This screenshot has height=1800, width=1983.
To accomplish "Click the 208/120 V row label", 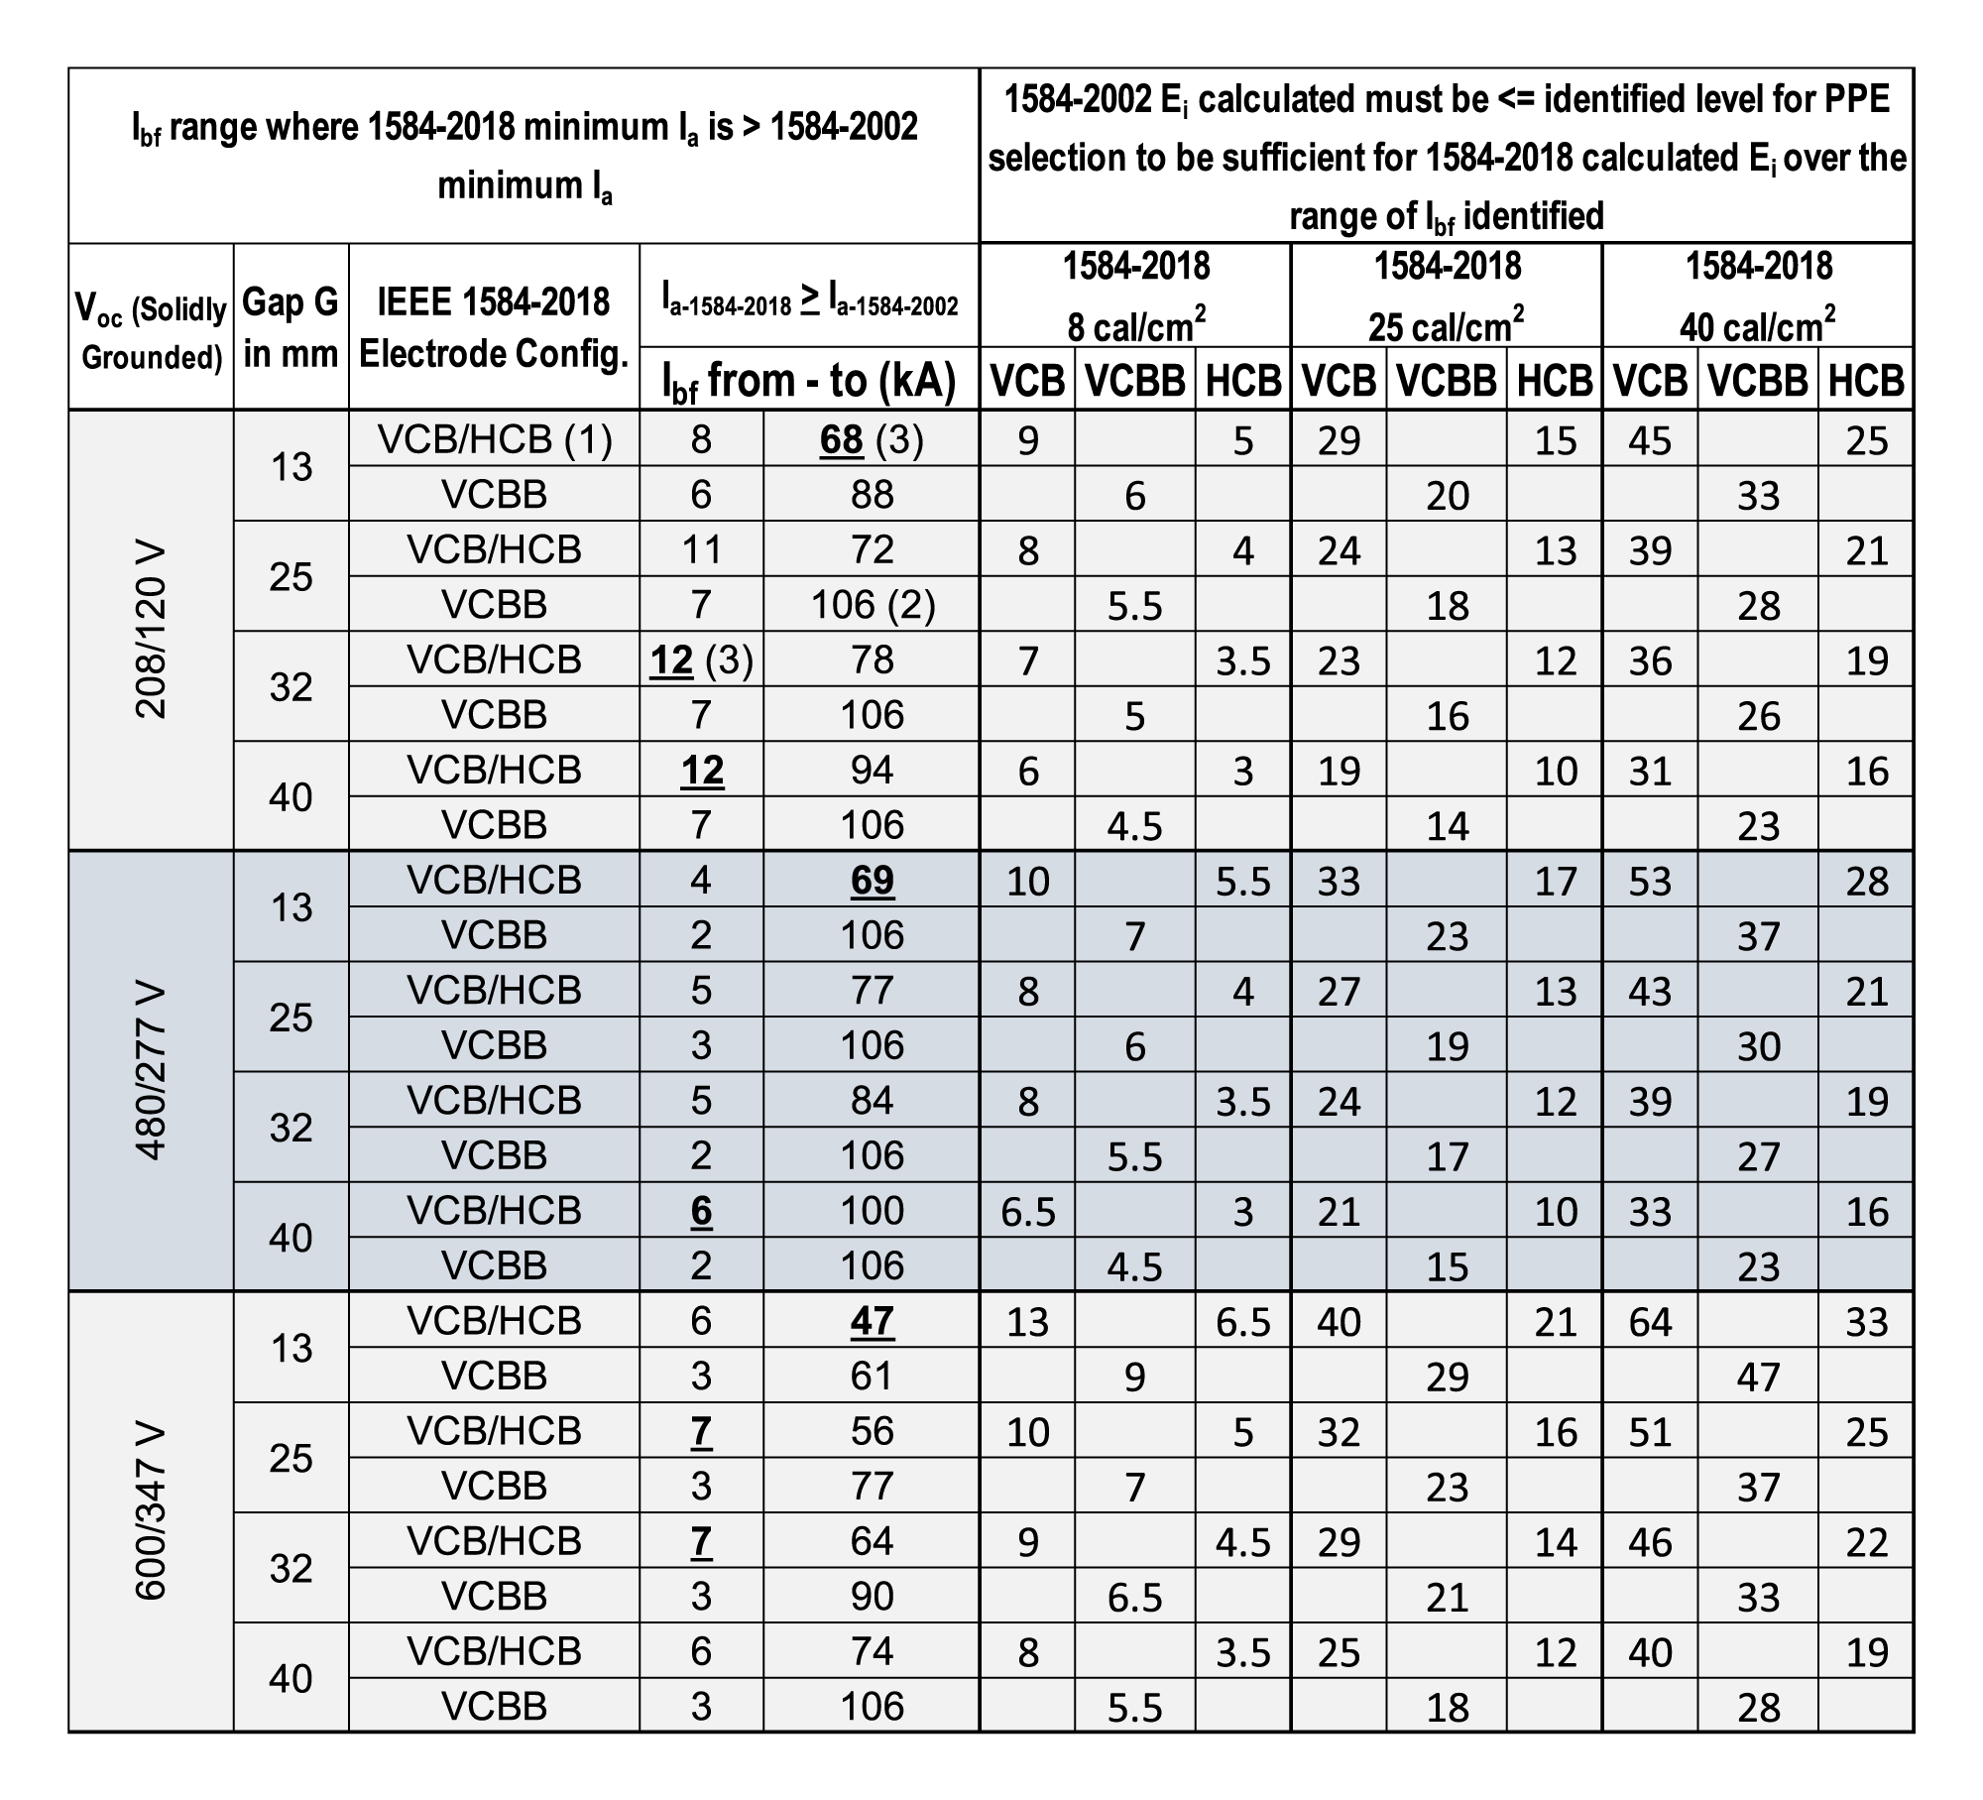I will click(x=151, y=631).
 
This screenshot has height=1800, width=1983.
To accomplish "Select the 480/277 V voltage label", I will click(x=151, y=1071).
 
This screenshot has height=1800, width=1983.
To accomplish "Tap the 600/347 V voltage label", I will click(x=151, y=1511).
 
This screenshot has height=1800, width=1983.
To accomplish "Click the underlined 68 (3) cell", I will click(x=871, y=439).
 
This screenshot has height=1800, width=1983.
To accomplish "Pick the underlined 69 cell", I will click(x=872, y=880).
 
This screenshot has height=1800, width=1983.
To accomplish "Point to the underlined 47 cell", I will click(x=872, y=1320).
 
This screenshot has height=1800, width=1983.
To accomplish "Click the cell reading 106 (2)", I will click(x=872, y=604).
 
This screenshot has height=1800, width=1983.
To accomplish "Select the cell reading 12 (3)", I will click(x=701, y=660).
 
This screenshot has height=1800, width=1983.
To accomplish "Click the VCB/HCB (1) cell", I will click(x=494, y=439).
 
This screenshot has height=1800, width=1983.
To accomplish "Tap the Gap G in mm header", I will click(x=291, y=327).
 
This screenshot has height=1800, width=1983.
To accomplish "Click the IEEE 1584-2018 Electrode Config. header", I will click(x=494, y=327).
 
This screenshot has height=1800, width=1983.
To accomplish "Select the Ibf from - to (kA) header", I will click(x=809, y=381).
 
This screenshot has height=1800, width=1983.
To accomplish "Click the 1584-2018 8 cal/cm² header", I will click(x=1136, y=296).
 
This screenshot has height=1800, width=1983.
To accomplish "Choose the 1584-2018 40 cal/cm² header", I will click(x=1758, y=296).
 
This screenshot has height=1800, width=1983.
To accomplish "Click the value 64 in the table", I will click(x=1650, y=1321).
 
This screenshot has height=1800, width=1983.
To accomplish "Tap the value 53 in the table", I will click(x=1650, y=881).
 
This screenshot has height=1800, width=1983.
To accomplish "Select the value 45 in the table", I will click(x=1650, y=440).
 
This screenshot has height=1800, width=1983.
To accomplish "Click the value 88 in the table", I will click(x=872, y=494).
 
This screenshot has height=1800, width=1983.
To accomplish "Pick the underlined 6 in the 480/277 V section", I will click(x=701, y=1210).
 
